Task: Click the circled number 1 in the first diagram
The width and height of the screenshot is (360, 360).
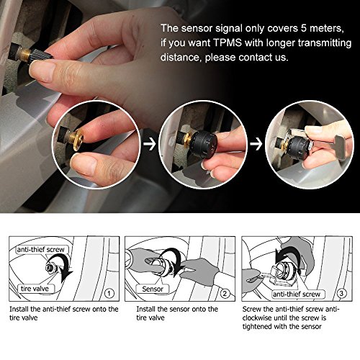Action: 109,293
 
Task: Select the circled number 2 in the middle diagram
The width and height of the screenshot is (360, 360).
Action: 225,293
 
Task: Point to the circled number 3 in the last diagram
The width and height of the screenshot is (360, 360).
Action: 341,293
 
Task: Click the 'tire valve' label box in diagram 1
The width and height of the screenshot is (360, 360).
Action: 35,289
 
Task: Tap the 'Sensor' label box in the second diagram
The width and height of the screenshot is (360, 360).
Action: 153,289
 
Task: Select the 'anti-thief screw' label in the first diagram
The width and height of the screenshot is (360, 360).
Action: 41,250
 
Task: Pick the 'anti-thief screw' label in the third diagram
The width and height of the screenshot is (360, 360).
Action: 297,294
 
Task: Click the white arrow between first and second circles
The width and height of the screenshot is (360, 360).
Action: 150,144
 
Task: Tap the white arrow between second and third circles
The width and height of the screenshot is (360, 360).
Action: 256,144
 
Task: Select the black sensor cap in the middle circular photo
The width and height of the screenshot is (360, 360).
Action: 204,144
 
